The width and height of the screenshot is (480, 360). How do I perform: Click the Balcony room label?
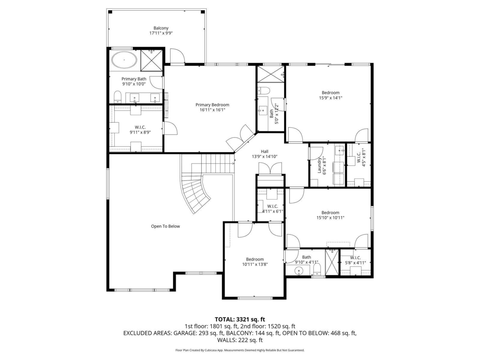[x=161, y=28]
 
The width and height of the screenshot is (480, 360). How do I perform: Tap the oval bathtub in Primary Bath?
[x=124, y=60]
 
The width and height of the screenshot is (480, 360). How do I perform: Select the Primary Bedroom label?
[x=212, y=105]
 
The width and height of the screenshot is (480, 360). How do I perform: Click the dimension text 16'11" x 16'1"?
[x=212, y=110]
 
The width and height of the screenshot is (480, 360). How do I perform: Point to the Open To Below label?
[x=165, y=226]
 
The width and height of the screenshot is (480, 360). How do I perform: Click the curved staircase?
[x=196, y=194]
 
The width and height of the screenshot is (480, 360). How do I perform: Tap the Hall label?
[x=264, y=152]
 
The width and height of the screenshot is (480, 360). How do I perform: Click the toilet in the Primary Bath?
[x=118, y=96]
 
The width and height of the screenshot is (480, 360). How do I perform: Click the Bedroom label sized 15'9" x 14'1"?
[x=330, y=93]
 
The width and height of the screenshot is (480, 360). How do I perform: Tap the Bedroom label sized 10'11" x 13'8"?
[x=255, y=259]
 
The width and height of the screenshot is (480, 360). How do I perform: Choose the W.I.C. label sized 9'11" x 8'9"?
[x=140, y=127]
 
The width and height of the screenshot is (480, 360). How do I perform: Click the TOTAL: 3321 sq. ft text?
[x=240, y=319]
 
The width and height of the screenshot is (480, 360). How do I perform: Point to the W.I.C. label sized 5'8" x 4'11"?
[x=355, y=258]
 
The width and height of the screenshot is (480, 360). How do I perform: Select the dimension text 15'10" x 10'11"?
[x=330, y=218]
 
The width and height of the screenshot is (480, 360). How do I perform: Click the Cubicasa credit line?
[x=240, y=350]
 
